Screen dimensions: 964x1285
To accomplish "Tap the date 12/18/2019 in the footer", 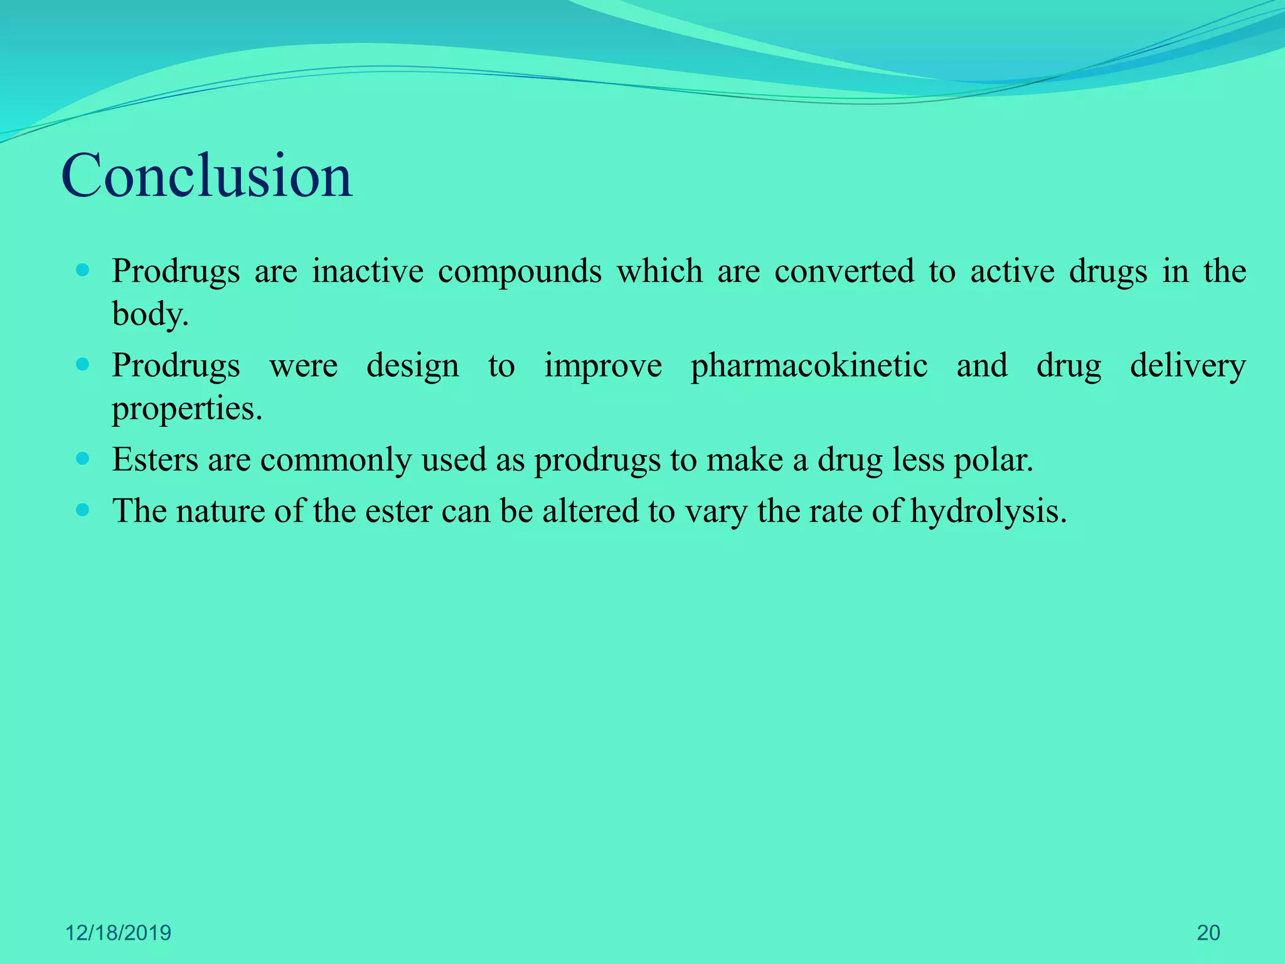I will coord(118,933).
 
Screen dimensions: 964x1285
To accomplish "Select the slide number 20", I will coord(1208,933).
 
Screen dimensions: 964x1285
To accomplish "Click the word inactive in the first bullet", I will coord(368,271).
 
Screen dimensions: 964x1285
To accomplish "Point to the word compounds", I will coord(520,272).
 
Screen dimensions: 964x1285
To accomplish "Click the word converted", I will coord(844,271).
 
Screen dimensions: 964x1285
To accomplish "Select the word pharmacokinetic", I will coord(809,366).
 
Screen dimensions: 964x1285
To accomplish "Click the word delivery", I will coord(1188,366).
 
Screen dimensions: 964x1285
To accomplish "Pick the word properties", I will coord(186,409).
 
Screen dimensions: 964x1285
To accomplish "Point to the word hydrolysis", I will coord(988,511).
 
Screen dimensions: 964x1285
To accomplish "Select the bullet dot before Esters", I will coord(82,459).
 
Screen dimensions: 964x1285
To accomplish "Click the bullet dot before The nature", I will coord(82,510).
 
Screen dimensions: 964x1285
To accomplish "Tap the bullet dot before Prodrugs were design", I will coord(82,365).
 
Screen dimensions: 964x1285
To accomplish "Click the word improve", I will coord(603,366).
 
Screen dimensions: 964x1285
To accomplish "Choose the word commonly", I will coord(336,461).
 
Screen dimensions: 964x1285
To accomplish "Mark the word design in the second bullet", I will coord(412,366).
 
